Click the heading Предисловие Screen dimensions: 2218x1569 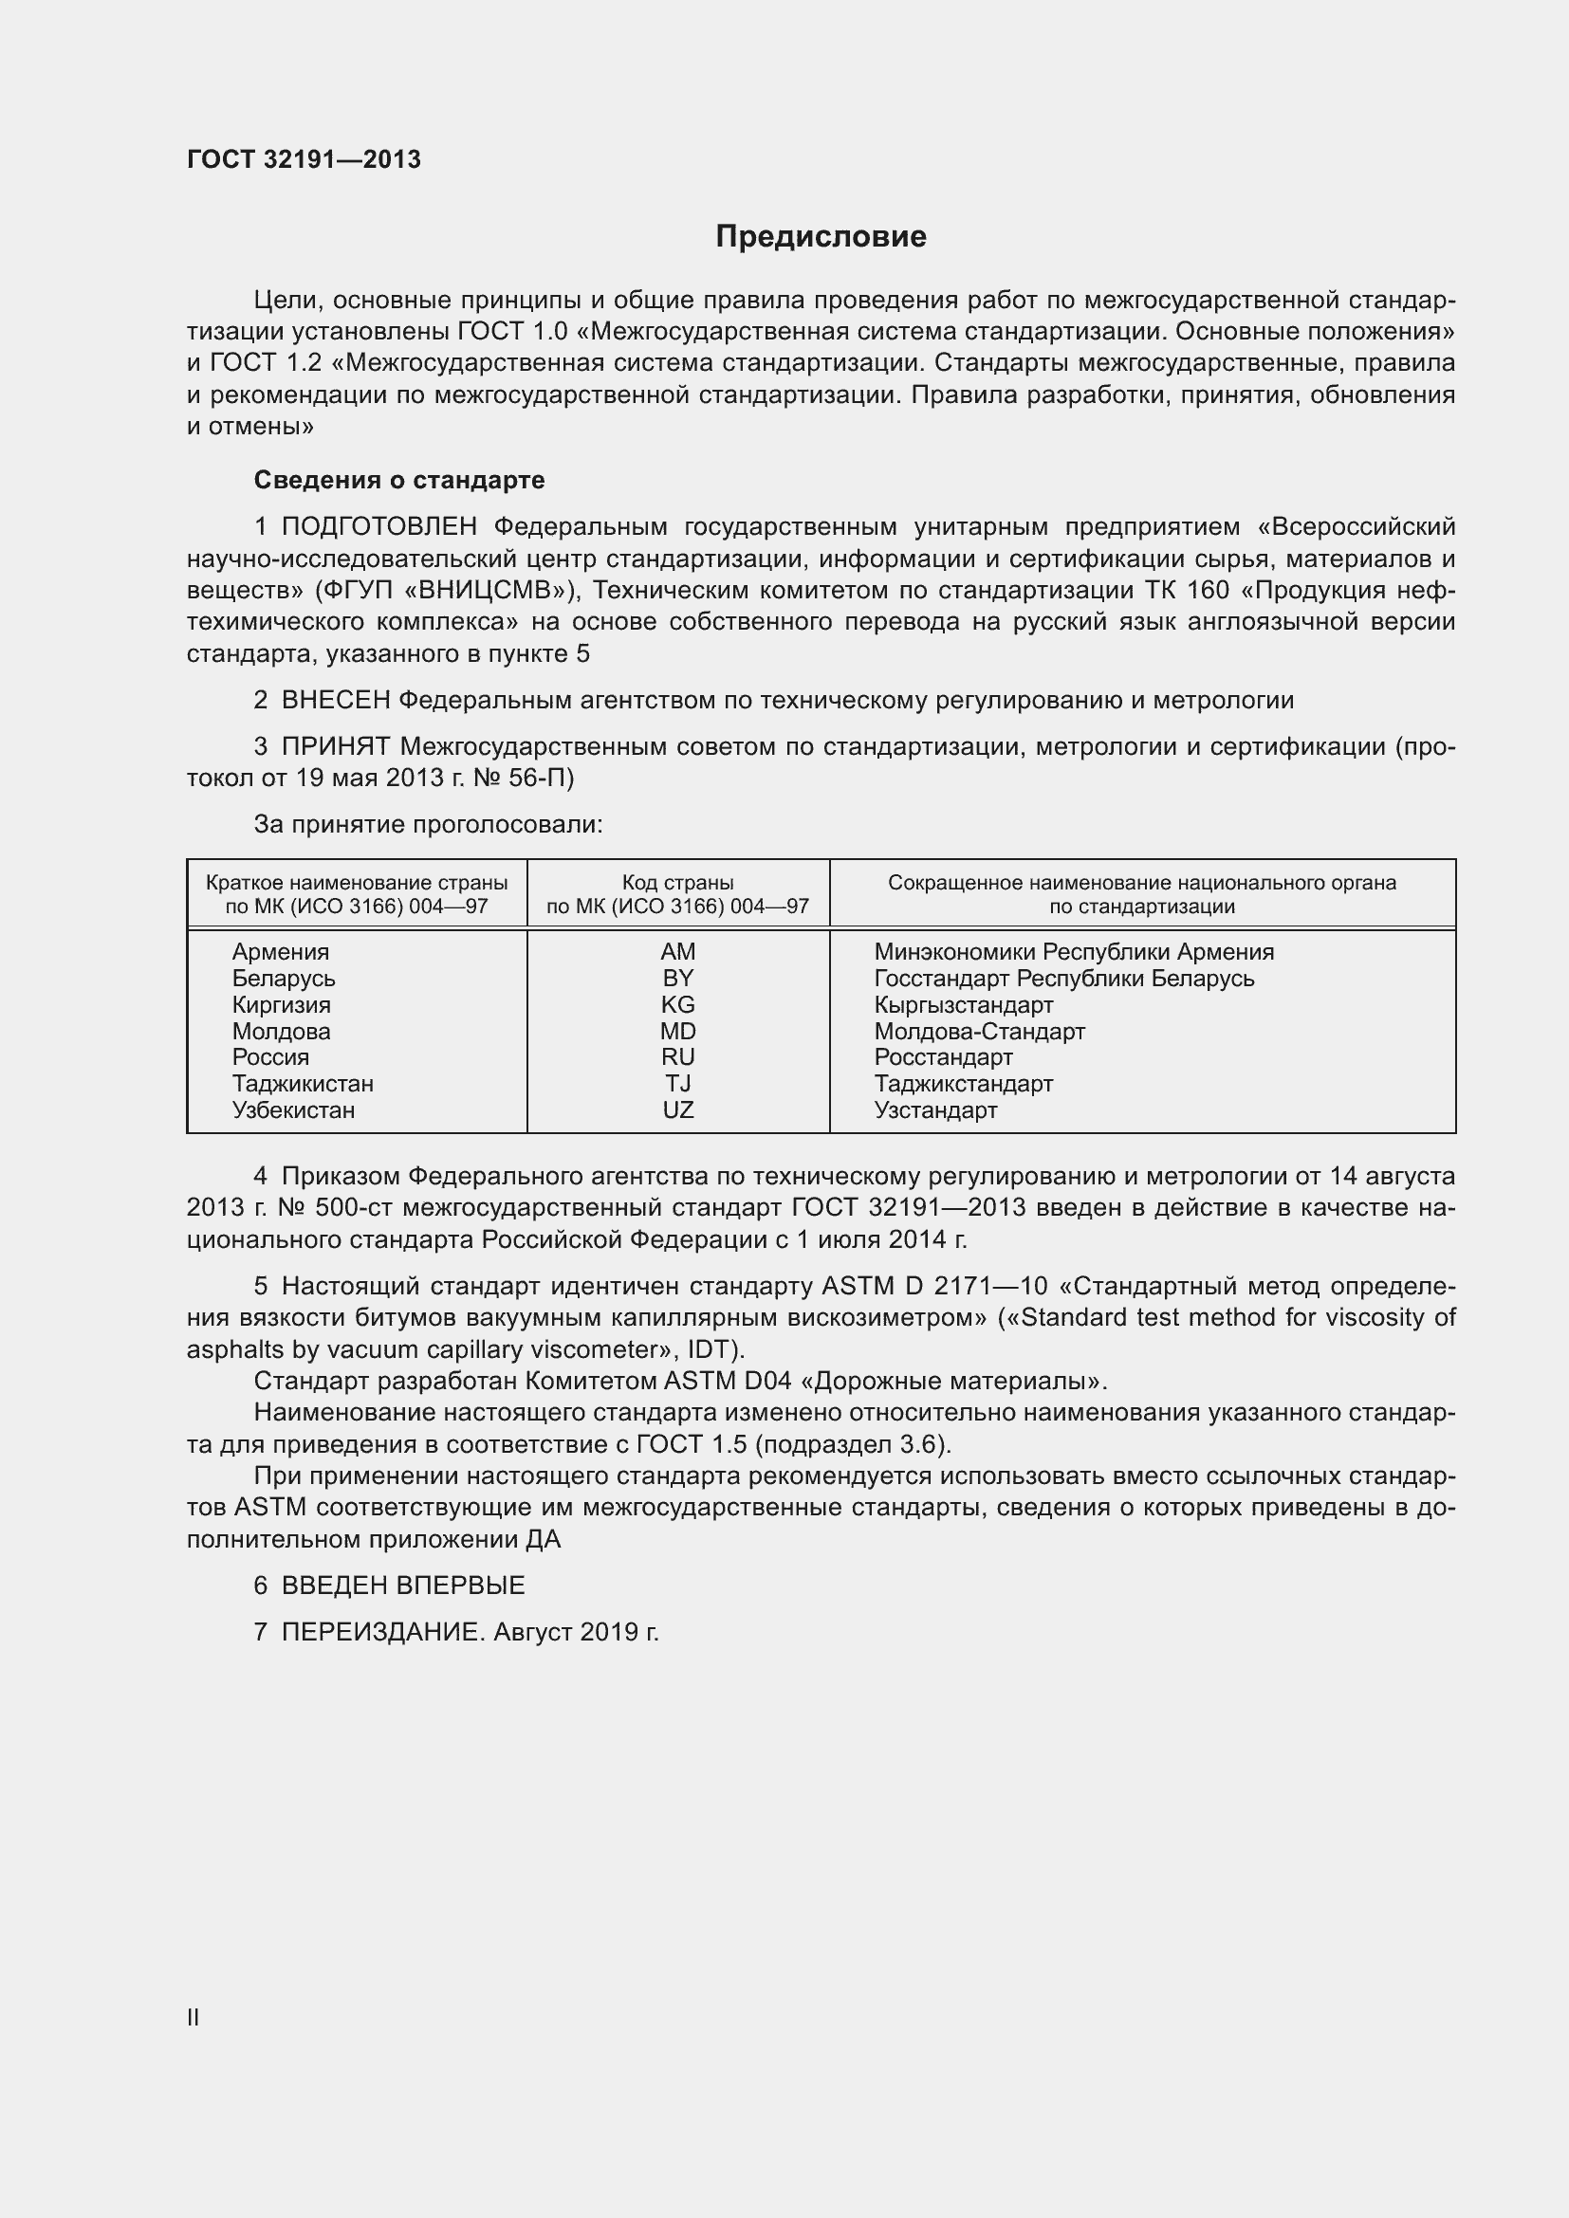coord(821,237)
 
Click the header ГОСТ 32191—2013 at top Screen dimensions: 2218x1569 coord(304,159)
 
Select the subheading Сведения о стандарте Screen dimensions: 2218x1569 coord(399,480)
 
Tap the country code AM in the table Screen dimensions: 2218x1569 coord(677,951)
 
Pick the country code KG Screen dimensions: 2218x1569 coord(677,1004)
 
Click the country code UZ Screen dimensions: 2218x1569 coord(677,1110)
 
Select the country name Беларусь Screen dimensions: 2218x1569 coord(283,979)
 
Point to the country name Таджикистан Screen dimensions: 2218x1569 coord(303,1084)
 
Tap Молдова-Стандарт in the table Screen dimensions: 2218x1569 coord(979,1032)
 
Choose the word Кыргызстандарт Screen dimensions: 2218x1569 coord(963,1004)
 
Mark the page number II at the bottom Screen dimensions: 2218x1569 coord(194,2017)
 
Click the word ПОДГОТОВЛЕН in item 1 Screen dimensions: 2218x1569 coord(378,526)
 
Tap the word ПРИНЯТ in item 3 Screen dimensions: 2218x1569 coord(335,746)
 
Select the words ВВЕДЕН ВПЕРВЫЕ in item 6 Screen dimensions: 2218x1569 coord(403,1586)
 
